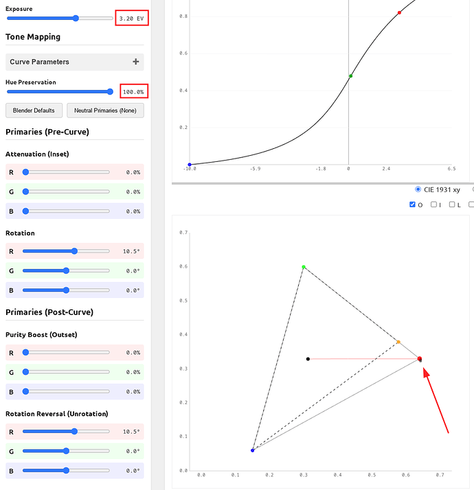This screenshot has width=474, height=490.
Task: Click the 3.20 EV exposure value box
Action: pos(132,19)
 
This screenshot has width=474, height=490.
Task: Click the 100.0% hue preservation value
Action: pos(133,91)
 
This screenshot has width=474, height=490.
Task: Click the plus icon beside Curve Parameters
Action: pos(135,62)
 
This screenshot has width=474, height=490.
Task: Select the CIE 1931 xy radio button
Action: pos(419,189)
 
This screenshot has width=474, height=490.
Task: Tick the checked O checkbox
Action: pos(412,205)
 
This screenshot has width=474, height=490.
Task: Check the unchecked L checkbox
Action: pos(453,205)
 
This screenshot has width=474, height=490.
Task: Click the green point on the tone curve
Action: pos(350,76)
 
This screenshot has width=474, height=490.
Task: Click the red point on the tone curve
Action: pos(399,13)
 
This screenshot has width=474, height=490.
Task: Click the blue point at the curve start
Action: pos(190,165)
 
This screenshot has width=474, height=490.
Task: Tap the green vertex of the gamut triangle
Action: pos(304,267)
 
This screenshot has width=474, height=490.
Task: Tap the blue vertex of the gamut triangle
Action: pos(253,450)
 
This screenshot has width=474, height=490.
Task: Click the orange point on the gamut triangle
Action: pos(398,342)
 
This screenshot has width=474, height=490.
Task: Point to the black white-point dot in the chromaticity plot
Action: pos(308,359)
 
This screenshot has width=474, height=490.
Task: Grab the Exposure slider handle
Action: pos(76,19)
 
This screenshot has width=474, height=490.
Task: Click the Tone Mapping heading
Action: pos(33,37)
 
